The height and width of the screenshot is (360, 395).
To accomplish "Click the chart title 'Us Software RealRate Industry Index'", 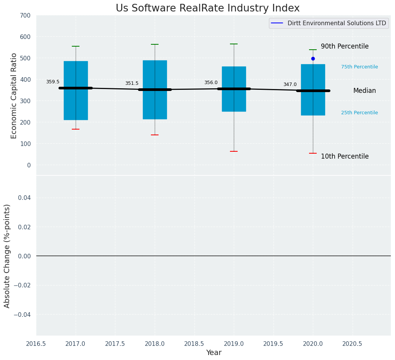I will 207,8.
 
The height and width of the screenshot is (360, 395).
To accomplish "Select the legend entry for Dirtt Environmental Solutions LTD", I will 329,23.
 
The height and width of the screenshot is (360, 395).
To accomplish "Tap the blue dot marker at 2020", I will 313,58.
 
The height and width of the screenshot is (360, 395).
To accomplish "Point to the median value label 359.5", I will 53,82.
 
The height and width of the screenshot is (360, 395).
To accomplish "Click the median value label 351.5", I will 132,83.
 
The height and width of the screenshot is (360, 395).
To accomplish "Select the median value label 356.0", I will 211,83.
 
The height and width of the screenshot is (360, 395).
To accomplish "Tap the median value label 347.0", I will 290,84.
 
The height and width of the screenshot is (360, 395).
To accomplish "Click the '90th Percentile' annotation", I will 345,47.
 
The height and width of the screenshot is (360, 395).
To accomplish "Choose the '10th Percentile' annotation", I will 345,157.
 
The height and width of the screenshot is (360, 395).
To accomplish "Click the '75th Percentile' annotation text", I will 359,67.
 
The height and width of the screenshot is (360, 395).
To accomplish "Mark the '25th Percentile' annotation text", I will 359,113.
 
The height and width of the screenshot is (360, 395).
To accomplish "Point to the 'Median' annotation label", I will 364,91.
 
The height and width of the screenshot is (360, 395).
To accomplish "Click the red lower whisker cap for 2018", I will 155,135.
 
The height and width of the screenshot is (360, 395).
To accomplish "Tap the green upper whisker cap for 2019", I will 234,44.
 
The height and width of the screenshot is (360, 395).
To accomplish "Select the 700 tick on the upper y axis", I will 25,16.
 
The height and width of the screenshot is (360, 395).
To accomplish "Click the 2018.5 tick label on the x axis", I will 194,344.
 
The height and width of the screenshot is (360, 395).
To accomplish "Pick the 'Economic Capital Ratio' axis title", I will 14,96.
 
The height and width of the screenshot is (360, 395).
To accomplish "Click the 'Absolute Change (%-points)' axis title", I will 7,256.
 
